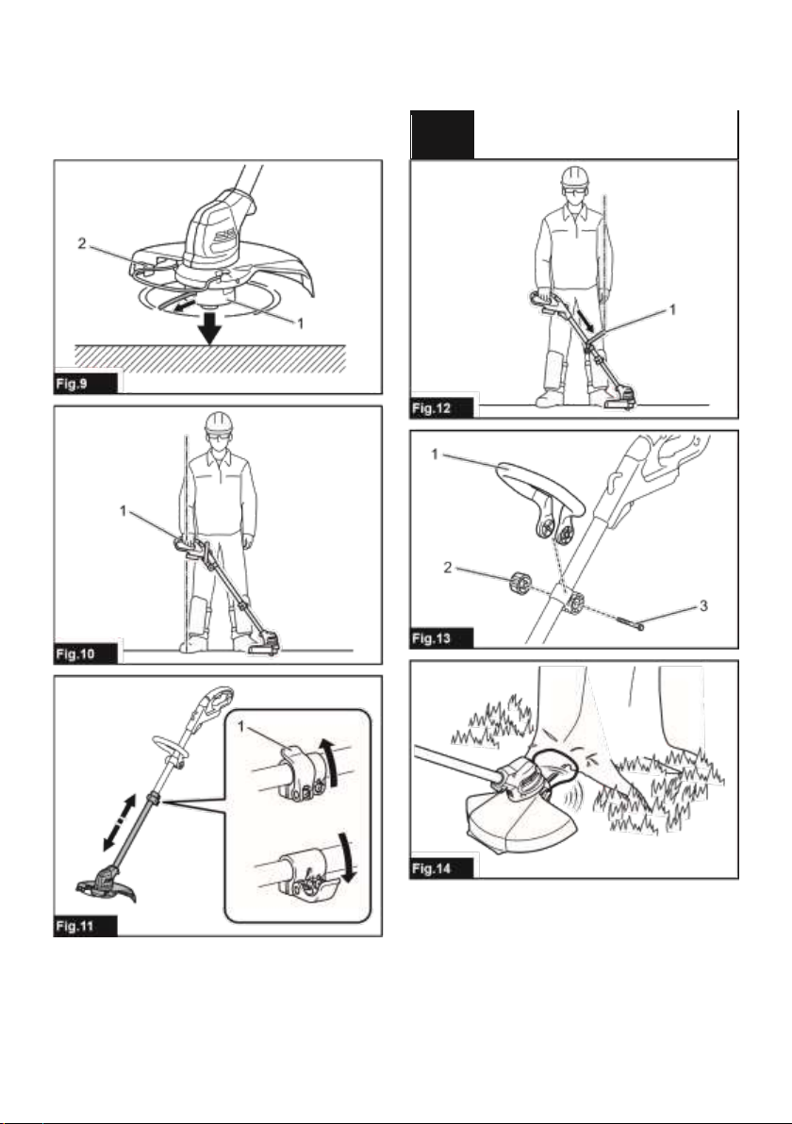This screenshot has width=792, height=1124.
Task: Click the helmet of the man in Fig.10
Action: pyautogui.click(x=219, y=422)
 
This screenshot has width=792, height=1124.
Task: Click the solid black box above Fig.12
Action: pyautogui.click(x=442, y=134)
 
